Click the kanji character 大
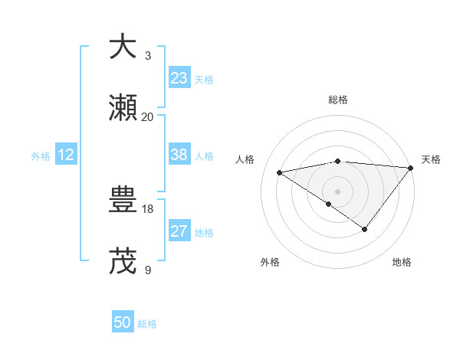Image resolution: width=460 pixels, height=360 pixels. coord(123,47)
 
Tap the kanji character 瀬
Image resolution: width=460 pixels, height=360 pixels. coord(123,108)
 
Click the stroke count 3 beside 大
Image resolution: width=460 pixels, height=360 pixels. coord(148,56)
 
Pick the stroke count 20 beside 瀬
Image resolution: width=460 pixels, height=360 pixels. coord(148,117)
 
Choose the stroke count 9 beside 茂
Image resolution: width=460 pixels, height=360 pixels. coord(148,270)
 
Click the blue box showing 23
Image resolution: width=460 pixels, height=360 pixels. coord(179,77)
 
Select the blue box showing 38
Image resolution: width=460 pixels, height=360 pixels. coord(179,155)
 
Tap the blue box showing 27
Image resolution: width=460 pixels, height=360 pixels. coord(179,231)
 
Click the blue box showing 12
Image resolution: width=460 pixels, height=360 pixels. coord(66,155)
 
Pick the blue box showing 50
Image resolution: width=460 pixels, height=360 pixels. coord(123,322)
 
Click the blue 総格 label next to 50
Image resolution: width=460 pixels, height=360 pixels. coord(148,324)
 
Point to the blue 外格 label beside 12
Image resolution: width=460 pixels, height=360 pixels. coord(41,156)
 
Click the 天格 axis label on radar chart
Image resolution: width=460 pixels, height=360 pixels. coord(431,159)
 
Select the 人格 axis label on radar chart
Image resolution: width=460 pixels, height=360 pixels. coord(245,159)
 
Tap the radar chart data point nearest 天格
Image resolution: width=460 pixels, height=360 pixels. coord(410,168)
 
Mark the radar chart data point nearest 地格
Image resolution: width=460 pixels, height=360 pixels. coord(365,229)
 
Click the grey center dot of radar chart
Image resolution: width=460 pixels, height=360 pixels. coord(337,191)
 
